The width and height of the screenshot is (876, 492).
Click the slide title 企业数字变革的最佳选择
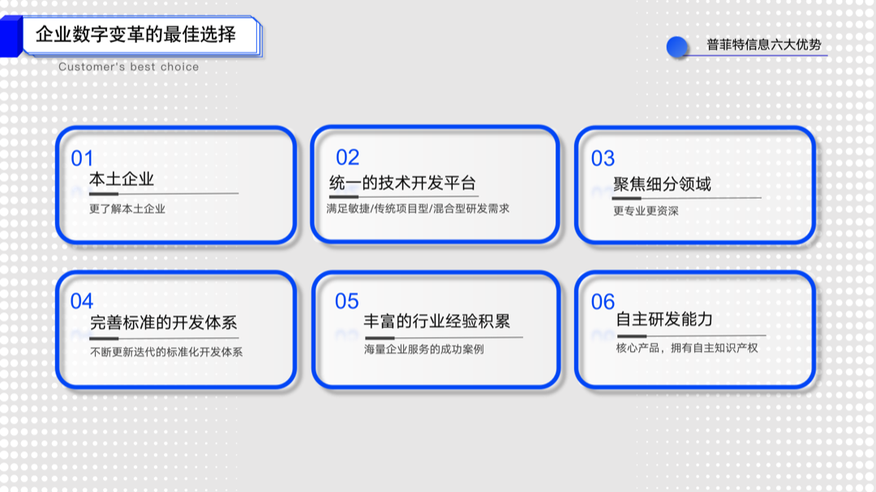click(x=136, y=35)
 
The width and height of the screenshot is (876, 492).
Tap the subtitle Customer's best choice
click(x=128, y=66)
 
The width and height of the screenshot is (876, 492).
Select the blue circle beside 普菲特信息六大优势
click(x=677, y=47)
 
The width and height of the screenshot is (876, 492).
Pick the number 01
click(x=82, y=158)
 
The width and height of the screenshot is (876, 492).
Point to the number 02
click(x=347, y=157)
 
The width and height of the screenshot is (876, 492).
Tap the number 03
click(x=603, y=158)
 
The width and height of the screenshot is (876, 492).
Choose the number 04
click(x=82, y=302)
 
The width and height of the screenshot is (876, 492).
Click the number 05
click(x=346, y=302)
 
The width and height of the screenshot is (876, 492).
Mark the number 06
click(x=603, y=302)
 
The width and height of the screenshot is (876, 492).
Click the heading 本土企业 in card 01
click(x=122, y=179)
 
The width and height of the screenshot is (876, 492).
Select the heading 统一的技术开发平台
click(x=402, y=183)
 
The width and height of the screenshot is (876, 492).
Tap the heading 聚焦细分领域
click(x=662, y=184)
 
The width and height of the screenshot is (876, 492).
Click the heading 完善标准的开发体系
click(x=163, y=323)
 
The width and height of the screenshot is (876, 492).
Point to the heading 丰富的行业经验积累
click(x=437, y=322)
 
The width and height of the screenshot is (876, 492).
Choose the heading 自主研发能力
click(x=664, y=319)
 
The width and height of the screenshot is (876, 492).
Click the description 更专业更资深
click(x=646, y=212)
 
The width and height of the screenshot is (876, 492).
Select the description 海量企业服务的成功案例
click(x=423, y=349)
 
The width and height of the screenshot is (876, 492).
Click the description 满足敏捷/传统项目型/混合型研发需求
click(x=418, y=208)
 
